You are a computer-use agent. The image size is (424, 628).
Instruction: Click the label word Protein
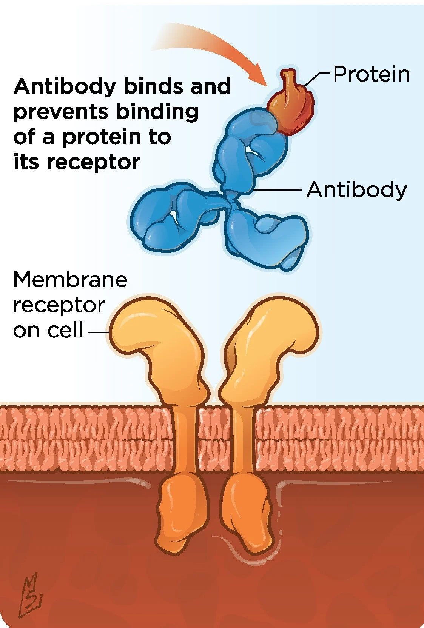point(371,74)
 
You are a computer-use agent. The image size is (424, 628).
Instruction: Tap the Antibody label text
point(356,189)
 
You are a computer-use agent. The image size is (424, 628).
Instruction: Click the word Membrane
point(70,280)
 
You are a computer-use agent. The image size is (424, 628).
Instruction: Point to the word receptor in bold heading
point(93,162)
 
